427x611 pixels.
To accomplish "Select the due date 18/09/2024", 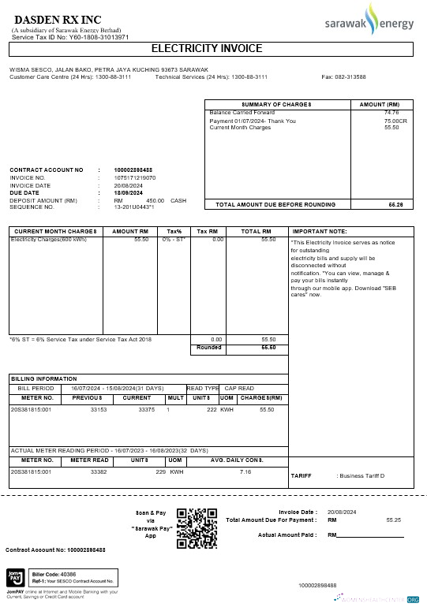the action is point(129,192).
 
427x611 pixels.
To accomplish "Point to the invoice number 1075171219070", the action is point(135,177).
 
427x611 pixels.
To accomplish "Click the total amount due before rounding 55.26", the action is point(395,204).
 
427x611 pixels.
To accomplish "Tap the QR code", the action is point(196,527).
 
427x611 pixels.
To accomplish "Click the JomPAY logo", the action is point(15,576).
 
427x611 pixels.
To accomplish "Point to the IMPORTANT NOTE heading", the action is point(320,231).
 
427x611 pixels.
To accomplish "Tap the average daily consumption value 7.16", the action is point(245,471).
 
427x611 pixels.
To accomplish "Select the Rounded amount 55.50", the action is point(268,347).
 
